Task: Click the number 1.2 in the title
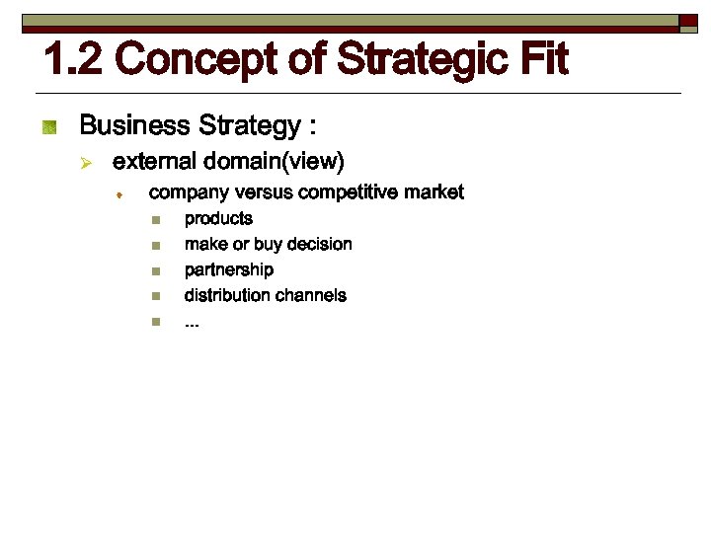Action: (x=74, y=60)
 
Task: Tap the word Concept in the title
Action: (x=200, y=60)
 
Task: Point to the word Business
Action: (x=134, y=126)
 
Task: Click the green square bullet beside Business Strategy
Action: (x=50, y=126)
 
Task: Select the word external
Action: (x=155, y=160)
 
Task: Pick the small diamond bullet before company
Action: (x=118, y=194)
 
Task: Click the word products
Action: (x=218, y=219)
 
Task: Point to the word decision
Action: (x=320, y=245)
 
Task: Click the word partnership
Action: (x=229, y=270)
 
